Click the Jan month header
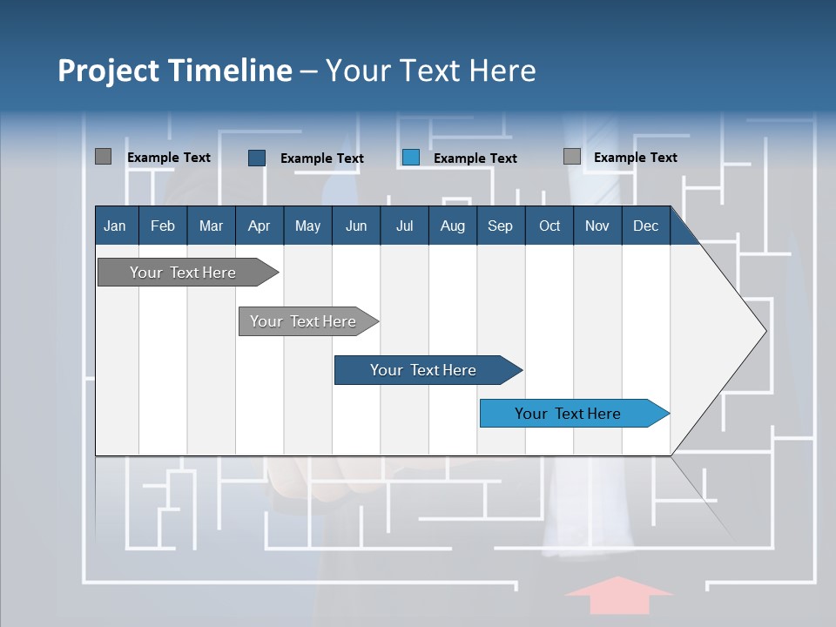[115, 226]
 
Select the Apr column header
[259, 226]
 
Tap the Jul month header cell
[404, 226]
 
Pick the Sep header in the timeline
[500, 226]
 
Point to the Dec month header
[645, 226]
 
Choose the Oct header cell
[549, 226]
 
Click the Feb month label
[163, 226]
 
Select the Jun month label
[356, 226]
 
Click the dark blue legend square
[257, 158]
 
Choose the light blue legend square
[411, 158]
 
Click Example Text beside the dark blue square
[321, 158]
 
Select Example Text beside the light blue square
[475, 158]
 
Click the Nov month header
[597, 226]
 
